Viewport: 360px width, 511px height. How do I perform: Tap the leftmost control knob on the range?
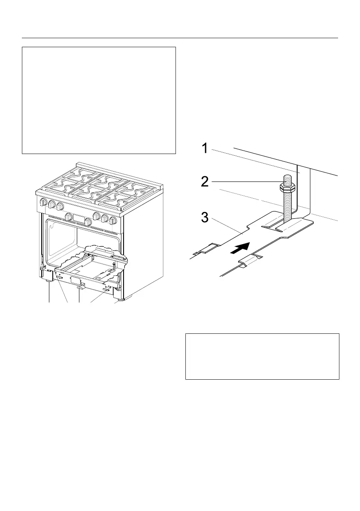click(x=43, y=203)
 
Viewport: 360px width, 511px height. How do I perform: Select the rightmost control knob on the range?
click(x=113, y=221)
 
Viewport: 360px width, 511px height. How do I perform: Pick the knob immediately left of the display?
click(x=68, y=217)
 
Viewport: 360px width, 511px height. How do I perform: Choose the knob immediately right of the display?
click(x=88, y=222)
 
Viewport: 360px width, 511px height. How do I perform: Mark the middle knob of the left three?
click(x=51, y=205)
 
